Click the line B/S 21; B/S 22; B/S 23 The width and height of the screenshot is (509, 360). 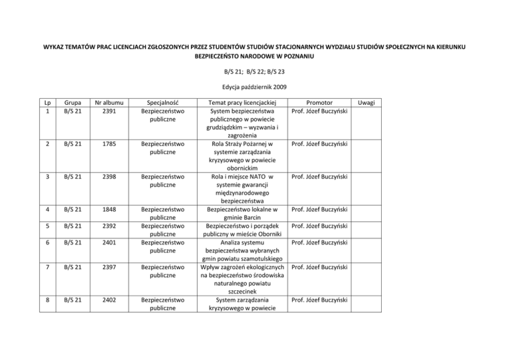click(254, 74)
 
